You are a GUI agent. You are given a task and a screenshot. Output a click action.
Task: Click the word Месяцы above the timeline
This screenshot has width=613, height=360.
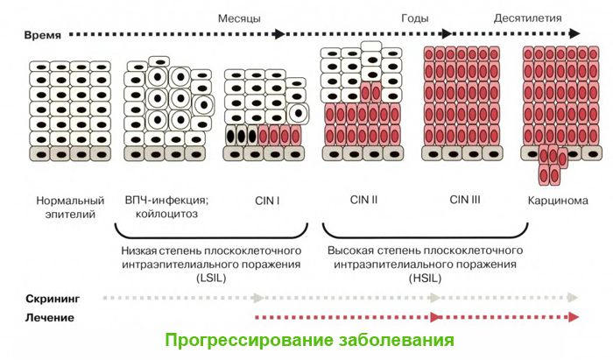239,18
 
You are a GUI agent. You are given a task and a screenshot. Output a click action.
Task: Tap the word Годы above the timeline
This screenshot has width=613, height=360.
415,18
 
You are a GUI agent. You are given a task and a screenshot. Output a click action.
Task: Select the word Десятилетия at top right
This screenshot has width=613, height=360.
527,18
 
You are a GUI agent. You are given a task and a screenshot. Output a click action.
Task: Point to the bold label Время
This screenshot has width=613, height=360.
43,35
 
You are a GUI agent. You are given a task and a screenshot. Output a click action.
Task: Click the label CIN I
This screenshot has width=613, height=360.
267,201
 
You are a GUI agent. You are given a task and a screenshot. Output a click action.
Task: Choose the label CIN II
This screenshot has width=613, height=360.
363,200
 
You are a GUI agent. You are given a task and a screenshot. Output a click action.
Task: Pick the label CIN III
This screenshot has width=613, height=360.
465,200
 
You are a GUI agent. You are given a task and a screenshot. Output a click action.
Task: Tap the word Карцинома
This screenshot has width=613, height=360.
558,201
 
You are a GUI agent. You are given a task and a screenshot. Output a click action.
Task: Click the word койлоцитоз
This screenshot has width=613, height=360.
166,215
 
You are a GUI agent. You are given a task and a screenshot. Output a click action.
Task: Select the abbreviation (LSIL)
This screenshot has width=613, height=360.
212,278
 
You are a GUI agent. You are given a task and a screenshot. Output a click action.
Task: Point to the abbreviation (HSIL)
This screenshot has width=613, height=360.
425,279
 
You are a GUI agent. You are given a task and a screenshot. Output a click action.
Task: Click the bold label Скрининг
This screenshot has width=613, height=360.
53,299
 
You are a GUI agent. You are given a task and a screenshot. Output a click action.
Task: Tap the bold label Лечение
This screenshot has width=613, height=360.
50,318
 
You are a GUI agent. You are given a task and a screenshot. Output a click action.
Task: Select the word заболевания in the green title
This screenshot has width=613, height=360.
396,340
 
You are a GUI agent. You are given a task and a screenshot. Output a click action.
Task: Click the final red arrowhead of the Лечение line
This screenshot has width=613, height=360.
574,317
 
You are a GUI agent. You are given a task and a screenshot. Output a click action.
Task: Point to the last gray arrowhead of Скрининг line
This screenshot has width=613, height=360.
573,298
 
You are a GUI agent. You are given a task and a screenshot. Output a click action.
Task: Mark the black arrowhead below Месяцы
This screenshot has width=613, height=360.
279,34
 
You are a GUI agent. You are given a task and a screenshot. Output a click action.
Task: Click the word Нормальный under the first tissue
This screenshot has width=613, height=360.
70,201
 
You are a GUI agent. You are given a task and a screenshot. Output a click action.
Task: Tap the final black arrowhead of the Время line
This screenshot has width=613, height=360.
574,33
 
